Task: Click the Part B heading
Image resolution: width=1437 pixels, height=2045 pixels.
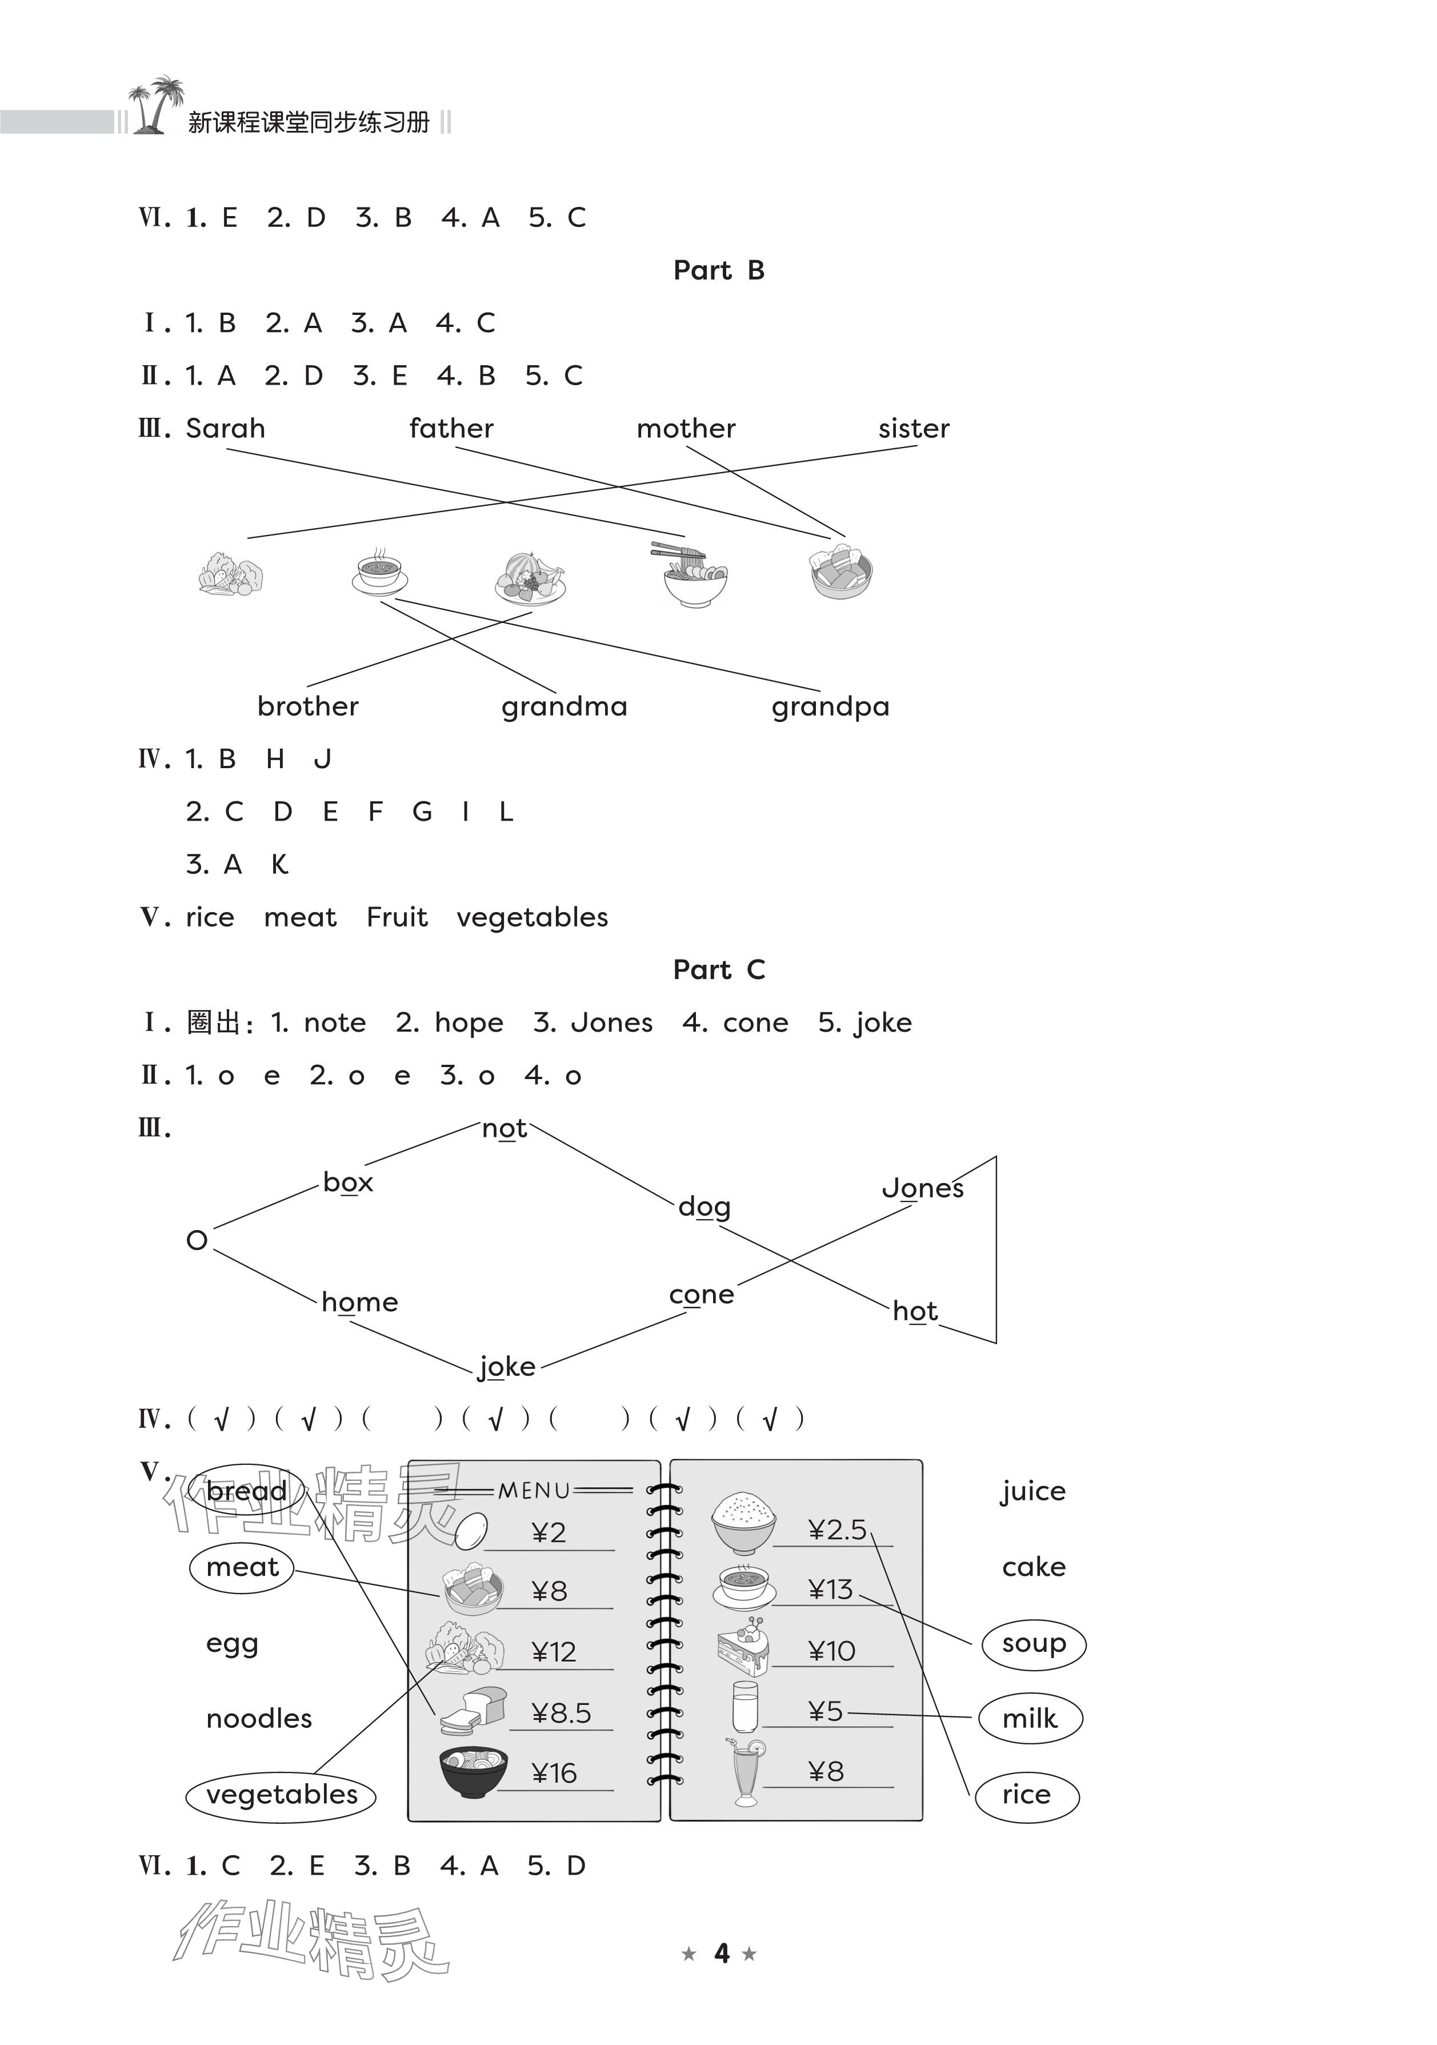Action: [x=719, y=270]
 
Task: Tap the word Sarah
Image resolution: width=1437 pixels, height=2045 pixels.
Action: [x=225, y=429]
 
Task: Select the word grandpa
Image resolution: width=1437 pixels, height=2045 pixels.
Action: [x=830, y=706]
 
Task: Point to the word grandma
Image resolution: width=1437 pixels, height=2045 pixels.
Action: [x=563, y=706]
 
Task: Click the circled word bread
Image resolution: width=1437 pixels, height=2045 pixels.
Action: [x=247, y=1491]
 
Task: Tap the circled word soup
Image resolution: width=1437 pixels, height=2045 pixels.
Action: [x=1034, y=1643]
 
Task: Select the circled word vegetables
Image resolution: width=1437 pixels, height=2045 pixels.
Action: [x=281, y=1795]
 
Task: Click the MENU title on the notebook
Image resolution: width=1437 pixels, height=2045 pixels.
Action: [x=534, y=1490]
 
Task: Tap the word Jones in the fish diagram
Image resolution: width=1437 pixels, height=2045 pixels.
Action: [x=922, y=1188]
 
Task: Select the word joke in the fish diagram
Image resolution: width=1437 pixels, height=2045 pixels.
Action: [x=507, y=1367]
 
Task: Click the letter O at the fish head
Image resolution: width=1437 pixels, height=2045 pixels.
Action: [x=197, y=1240]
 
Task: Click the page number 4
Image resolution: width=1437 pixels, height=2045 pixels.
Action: [x=721, y=1953]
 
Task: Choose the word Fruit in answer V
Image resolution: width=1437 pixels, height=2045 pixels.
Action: [x=397, y=917]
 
